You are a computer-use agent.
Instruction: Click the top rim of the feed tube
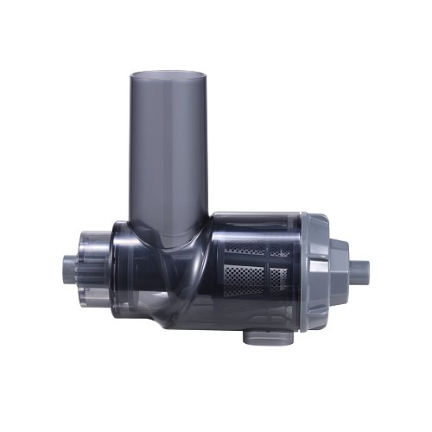click(x=170, y=75)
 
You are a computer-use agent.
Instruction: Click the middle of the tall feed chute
click(x=170, y=147)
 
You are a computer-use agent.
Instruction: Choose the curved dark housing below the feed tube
click(x=164, y=276)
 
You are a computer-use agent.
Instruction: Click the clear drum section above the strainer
click(x=259, y=226)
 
